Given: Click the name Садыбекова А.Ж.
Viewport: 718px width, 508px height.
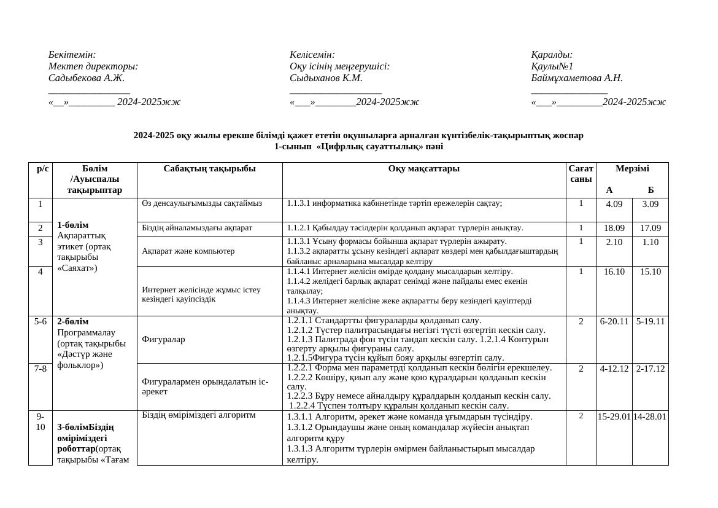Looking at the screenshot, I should point(87,78).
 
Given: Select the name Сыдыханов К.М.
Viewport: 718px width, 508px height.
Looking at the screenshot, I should point(326,78).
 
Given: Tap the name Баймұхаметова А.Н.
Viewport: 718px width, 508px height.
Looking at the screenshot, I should point(577,78).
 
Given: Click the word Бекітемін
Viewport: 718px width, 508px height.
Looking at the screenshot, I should point(72,55).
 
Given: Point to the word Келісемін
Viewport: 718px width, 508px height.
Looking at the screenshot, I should point(312,55).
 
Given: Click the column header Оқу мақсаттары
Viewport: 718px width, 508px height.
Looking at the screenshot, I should point(423,169).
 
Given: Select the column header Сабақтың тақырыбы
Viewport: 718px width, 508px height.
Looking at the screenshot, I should point(209,169).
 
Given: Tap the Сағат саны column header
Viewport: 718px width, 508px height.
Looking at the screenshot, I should point(581,174).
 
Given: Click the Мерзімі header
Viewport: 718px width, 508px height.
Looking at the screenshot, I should point(631,169).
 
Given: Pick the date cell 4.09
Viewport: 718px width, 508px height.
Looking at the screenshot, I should point(614,205).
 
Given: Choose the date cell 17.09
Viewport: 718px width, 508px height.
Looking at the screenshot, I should point(650,229).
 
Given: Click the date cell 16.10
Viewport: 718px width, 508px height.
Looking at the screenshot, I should point(614,272).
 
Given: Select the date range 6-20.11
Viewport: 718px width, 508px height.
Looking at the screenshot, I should point(614,321).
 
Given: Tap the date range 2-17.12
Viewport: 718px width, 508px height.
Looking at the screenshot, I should point(650,369).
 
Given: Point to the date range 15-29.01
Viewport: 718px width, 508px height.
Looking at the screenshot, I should point(614,416).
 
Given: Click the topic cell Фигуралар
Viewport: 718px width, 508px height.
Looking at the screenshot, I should point(163,339).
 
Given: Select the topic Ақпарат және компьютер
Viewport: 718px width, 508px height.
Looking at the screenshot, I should point(188,251).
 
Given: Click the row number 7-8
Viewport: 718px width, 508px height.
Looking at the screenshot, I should point(41,369).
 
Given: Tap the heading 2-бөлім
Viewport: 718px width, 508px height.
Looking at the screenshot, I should point(73,321).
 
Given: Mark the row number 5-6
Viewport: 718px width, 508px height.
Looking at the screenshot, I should point(41,321).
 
